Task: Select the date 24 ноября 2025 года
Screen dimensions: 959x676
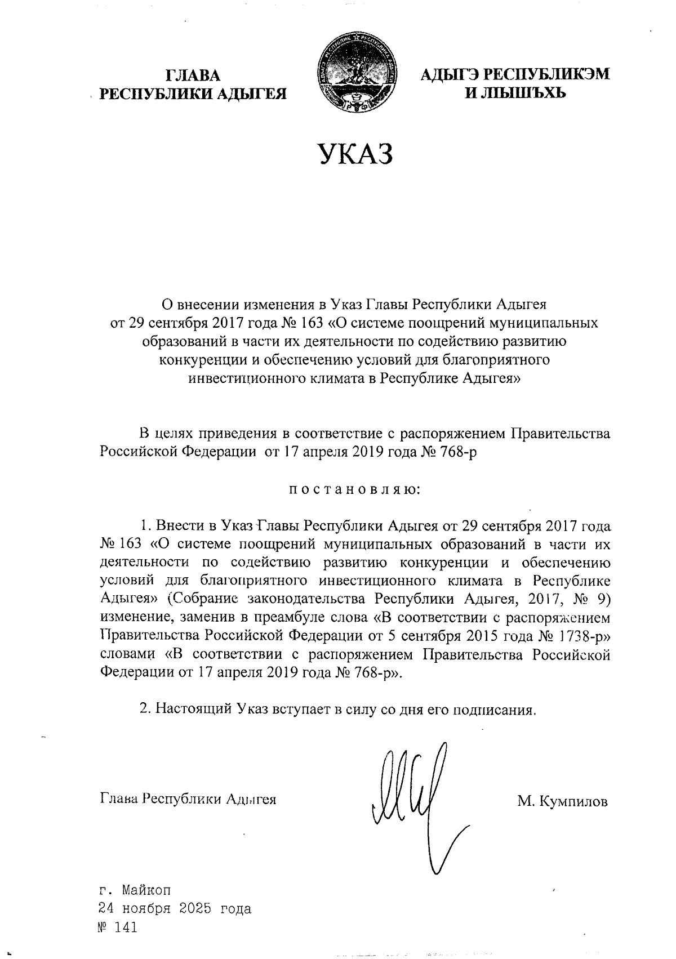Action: (175, 908)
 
